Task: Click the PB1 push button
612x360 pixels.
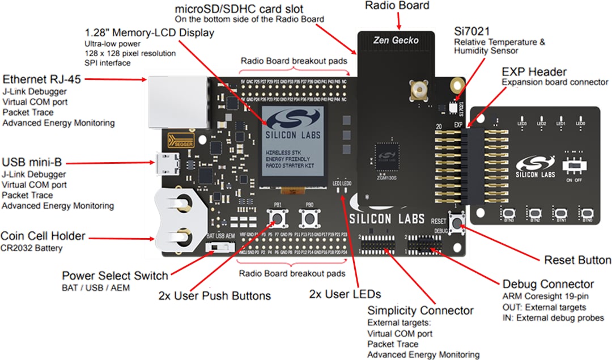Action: coord(277,218)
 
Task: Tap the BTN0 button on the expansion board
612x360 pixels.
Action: coord(587,213)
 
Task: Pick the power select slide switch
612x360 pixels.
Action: coord(221,248)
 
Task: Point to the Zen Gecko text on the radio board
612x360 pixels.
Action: coord(396,40)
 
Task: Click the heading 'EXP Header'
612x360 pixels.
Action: coord(534,71)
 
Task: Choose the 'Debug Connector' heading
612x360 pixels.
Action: coord(548,284)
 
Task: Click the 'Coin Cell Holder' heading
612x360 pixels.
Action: coord(43,236)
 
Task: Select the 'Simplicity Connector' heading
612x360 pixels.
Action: coord(420,310)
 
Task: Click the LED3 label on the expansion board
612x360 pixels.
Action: coord(522,123)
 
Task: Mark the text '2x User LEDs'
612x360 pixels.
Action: coord(345,294)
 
